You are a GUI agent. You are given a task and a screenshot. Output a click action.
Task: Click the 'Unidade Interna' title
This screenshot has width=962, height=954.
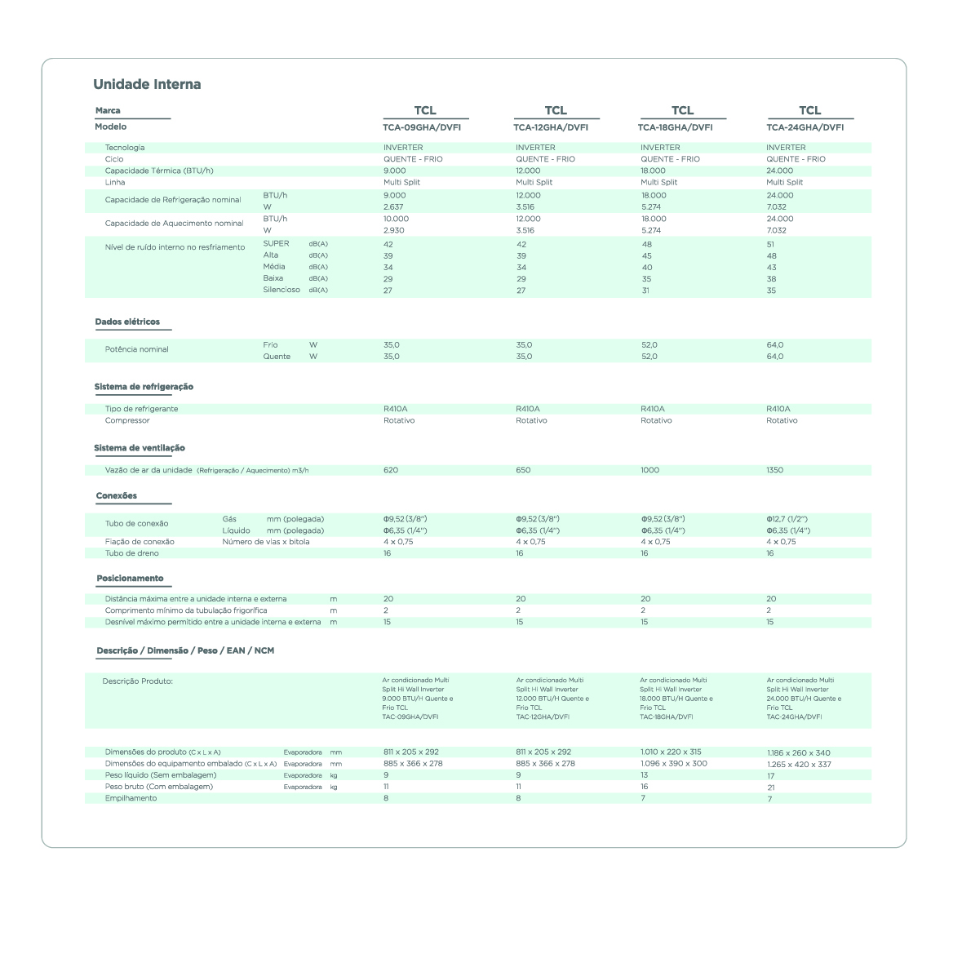click(x=147, y=84)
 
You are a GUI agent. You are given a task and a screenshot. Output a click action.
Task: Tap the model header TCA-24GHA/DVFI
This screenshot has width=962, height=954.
click(x=805, y=127)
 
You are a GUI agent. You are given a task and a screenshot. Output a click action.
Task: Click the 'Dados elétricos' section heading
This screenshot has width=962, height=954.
click(x=127, y=322)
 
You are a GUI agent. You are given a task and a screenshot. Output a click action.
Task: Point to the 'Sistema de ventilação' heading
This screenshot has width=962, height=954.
click(x=140, y=448)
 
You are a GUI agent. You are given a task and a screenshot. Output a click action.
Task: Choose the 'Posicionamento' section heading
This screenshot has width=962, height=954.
click(x=130, y=579)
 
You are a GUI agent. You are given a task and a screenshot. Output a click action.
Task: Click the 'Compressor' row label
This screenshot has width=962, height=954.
click(x=127, y=420)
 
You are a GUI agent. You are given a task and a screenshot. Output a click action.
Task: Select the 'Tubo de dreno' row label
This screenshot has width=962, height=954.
click(x=132, y=553)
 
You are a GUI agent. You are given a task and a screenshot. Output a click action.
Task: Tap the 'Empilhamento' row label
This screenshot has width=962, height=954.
click(x=131, y=798)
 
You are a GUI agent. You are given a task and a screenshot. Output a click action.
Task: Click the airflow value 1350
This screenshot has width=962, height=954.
click(x=774, y=470)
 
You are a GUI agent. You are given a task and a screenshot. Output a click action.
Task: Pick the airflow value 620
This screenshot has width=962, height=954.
click(x=391, y=470)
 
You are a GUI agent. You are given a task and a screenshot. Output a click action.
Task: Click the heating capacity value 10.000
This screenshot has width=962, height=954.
click(x=397, y=219)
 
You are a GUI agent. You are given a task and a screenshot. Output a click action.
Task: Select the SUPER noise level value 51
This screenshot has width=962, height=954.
click(x=771, y=244)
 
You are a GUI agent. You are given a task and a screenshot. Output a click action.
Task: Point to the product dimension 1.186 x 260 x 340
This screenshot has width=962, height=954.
click(x=799, y=752)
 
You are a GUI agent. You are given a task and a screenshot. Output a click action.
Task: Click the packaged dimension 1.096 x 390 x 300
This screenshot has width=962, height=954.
click(x=674, y=764)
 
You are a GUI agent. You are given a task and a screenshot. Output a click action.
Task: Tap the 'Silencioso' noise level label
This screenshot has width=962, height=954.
click(x=282, y=290)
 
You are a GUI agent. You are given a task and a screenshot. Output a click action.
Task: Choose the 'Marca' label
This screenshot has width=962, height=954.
click(x=108, y=110)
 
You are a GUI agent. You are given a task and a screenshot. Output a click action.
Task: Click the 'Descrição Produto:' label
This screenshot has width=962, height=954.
click(x=137, y=681)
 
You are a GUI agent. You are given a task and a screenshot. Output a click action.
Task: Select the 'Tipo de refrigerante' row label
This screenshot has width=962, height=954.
click(x=141, y=409)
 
